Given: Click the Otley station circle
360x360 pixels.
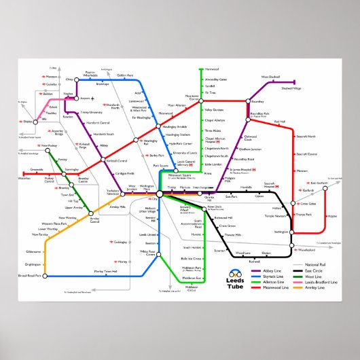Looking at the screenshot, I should [x=77, y=80].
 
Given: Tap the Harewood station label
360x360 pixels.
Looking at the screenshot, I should [x=212, y=69].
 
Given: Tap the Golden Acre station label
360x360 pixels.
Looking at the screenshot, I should [x=125, y=75].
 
